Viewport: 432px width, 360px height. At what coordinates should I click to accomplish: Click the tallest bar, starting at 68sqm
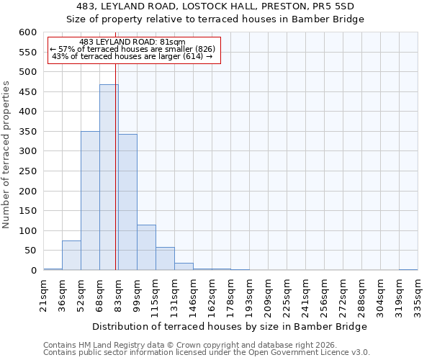tap(109, 177)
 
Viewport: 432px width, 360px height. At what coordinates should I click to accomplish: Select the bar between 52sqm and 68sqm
tap(90, 201)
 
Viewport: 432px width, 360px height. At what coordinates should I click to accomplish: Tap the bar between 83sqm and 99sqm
tap(127, 202)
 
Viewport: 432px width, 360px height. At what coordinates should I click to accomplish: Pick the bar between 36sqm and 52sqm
tap(71, 256)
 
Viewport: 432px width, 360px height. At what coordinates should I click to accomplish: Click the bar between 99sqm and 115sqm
tap(146, 248)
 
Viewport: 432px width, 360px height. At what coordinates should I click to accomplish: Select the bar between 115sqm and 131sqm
tap(165, 258)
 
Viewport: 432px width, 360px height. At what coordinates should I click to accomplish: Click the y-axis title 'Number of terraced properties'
tap(6, 155)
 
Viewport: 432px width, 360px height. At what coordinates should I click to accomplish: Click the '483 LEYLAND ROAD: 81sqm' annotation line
tap(132, 42)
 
